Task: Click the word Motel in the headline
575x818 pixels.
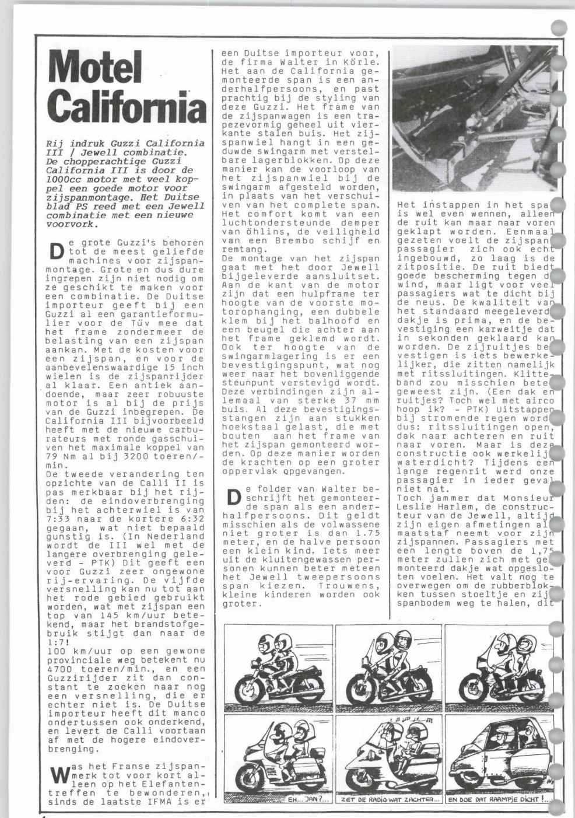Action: [x=96, y=67]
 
